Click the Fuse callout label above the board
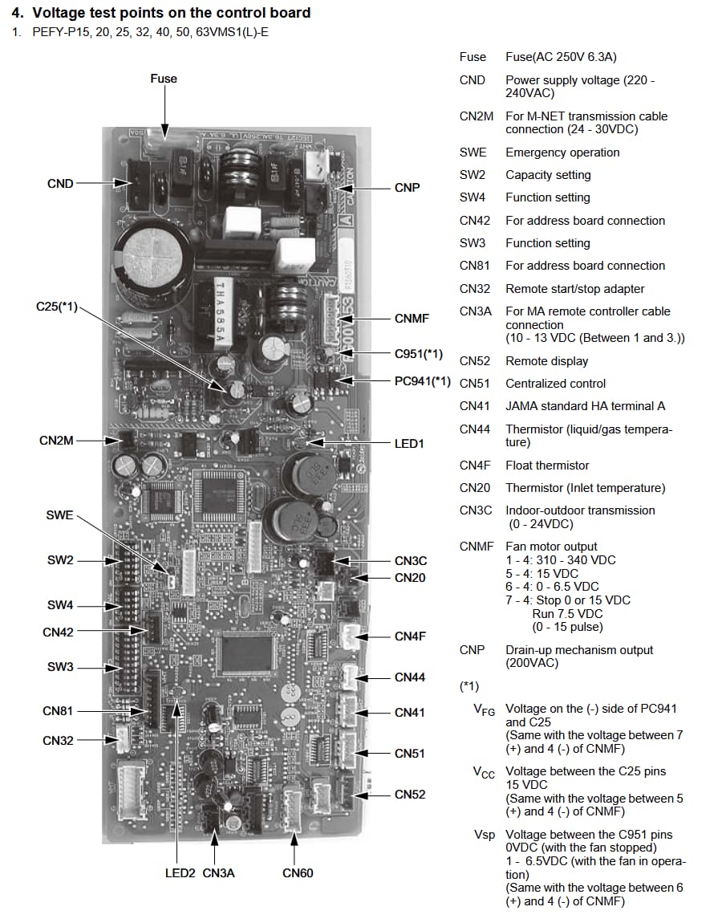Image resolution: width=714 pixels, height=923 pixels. click(164, 79)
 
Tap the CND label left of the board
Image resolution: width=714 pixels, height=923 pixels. click(60, 184)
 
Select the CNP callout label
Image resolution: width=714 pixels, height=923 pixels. click(408, 187)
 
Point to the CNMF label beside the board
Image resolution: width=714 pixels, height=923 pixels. click(412, 319)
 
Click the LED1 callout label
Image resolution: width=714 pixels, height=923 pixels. click(409, 444)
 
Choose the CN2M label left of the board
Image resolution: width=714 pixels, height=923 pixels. click(56, 441)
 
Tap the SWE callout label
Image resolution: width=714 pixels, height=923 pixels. click(59, 515)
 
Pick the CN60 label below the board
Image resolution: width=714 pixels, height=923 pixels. click(298, 873)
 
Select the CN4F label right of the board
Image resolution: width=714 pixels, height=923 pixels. click(410, 636)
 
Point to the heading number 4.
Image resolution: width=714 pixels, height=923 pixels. click(16, 13)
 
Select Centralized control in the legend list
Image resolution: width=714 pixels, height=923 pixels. click(556, 384)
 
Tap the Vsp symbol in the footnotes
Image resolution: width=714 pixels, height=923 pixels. click(484, 835)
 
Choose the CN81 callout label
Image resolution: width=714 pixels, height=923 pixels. click(58, 711)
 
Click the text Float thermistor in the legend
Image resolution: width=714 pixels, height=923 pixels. click(547, 466)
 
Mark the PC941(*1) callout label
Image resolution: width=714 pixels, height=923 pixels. click(423, 380)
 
